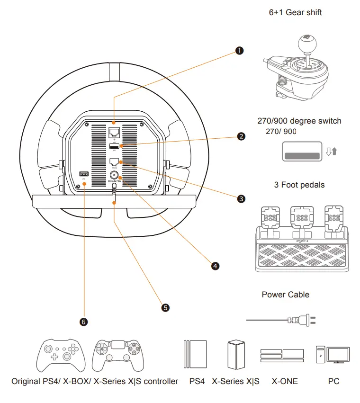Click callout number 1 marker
[x=240, y=51]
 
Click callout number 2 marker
[x=242, y=136]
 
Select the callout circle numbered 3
[x=242, y=199]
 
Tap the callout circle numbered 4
[x=216, y=266]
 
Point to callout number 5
[x=165, y=307]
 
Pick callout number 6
[x=84, y=322]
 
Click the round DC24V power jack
[x=114, y=174]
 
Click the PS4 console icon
[x=195, y=354]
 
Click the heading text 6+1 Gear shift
[x=295, y=12]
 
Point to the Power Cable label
[x=285, y=295]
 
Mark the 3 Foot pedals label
[x=299, y=184]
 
